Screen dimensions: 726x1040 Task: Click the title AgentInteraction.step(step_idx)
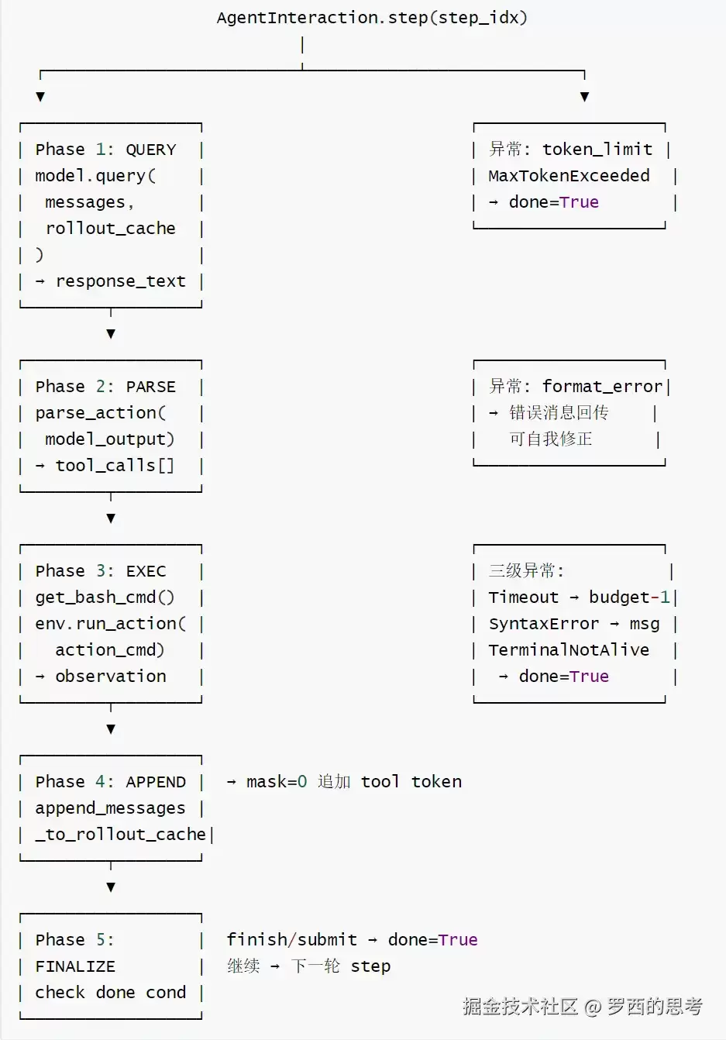click(372, 18)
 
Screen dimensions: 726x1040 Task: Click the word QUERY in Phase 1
click(151, 150)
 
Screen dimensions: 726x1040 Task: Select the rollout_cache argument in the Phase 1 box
click(111, 229)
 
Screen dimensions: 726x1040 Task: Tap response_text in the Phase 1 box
click(121, 281)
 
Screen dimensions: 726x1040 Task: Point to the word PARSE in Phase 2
click(151, 387)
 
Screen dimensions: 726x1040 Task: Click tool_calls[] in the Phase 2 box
click(115, 466)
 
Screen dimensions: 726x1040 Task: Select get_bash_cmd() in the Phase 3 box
click(105, 597)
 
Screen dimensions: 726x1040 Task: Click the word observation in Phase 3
click(111, 677)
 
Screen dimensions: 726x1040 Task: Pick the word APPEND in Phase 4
click(156, 782)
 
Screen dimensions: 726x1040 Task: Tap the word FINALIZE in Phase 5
click(75, 966)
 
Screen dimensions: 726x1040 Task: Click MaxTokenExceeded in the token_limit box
click(569, 176)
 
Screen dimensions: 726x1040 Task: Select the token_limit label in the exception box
click(597, 150)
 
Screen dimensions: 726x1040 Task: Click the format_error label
click(602, 386)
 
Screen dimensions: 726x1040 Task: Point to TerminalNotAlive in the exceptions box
click(569, 650)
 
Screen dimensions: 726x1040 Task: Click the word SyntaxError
click(544, 624)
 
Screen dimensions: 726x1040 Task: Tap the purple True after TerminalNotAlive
click(589, 677)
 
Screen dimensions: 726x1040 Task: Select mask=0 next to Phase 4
click(277, 782)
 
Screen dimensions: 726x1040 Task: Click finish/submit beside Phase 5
click(291, 940)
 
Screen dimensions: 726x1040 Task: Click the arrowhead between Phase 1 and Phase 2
click(111, 334)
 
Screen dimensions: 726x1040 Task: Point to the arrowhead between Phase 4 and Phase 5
click(111, 887)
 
